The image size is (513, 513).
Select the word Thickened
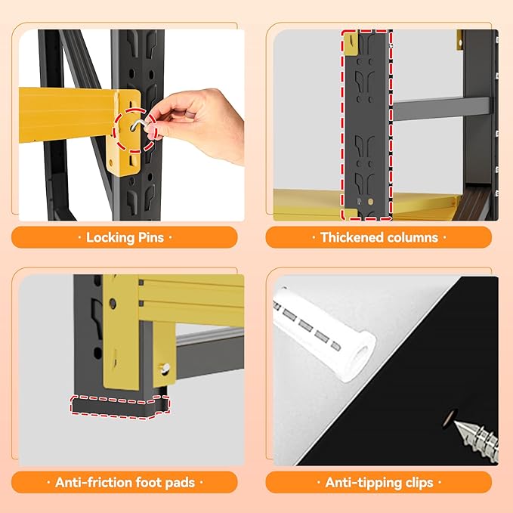348,237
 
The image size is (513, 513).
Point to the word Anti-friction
93,483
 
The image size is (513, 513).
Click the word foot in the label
149,483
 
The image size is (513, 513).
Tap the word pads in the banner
180,483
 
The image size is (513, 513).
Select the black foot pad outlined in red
120,406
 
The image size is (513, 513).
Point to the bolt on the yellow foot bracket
165,368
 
